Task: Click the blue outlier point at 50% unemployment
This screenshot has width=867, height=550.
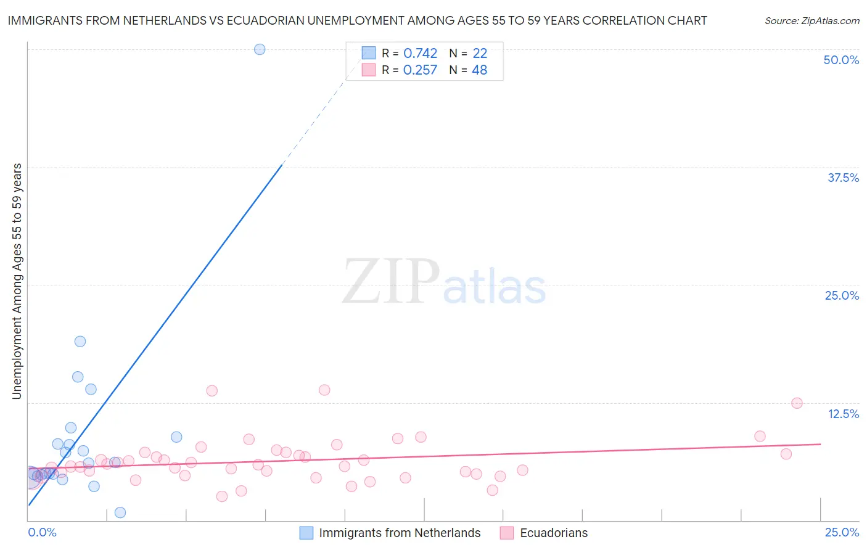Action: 260,49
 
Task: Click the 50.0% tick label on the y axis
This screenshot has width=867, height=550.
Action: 841,60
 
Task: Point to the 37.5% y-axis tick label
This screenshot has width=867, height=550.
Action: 843,178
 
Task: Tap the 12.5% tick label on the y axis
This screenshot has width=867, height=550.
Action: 843,414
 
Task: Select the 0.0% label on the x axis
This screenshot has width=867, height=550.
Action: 42,533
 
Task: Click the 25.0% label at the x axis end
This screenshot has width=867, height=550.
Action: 842,533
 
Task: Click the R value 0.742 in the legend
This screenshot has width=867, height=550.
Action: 420,54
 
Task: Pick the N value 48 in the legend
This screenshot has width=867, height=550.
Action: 479,70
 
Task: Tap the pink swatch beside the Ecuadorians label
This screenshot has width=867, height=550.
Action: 507,533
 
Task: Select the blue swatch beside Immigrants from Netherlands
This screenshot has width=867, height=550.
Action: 306,533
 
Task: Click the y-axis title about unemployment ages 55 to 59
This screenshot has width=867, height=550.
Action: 17,281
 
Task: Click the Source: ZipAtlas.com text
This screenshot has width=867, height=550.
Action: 812,21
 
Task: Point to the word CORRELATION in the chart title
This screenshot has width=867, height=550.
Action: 621,21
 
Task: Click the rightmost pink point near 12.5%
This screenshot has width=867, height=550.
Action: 797,403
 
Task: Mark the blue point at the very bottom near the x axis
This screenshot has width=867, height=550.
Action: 120,512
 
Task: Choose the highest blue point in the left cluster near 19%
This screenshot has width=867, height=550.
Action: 80,342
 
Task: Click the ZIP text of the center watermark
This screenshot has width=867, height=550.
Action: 391,282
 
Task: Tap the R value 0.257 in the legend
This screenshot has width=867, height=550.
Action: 420,70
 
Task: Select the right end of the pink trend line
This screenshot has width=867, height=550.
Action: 820,444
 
